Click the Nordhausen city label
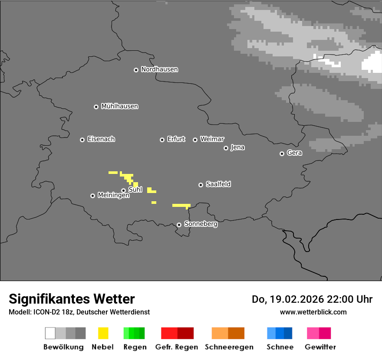point(159,69)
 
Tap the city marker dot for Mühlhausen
point(96,107)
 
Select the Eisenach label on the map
point(101,139)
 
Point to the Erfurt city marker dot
point(162,140)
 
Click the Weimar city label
point(212,139)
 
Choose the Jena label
point(237,147)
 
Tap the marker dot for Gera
point(282,154)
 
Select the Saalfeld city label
point(218,184)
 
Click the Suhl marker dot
point(123,190)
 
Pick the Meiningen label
point(113,196)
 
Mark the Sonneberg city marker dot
point(179,225)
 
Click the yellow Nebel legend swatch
point(103,333)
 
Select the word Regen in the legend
point(135,347)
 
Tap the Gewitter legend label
point(320,347)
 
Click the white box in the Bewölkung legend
point(50,333)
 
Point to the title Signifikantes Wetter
point(72,299)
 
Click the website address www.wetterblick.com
point(313,312)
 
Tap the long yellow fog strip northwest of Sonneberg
point(181,205)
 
